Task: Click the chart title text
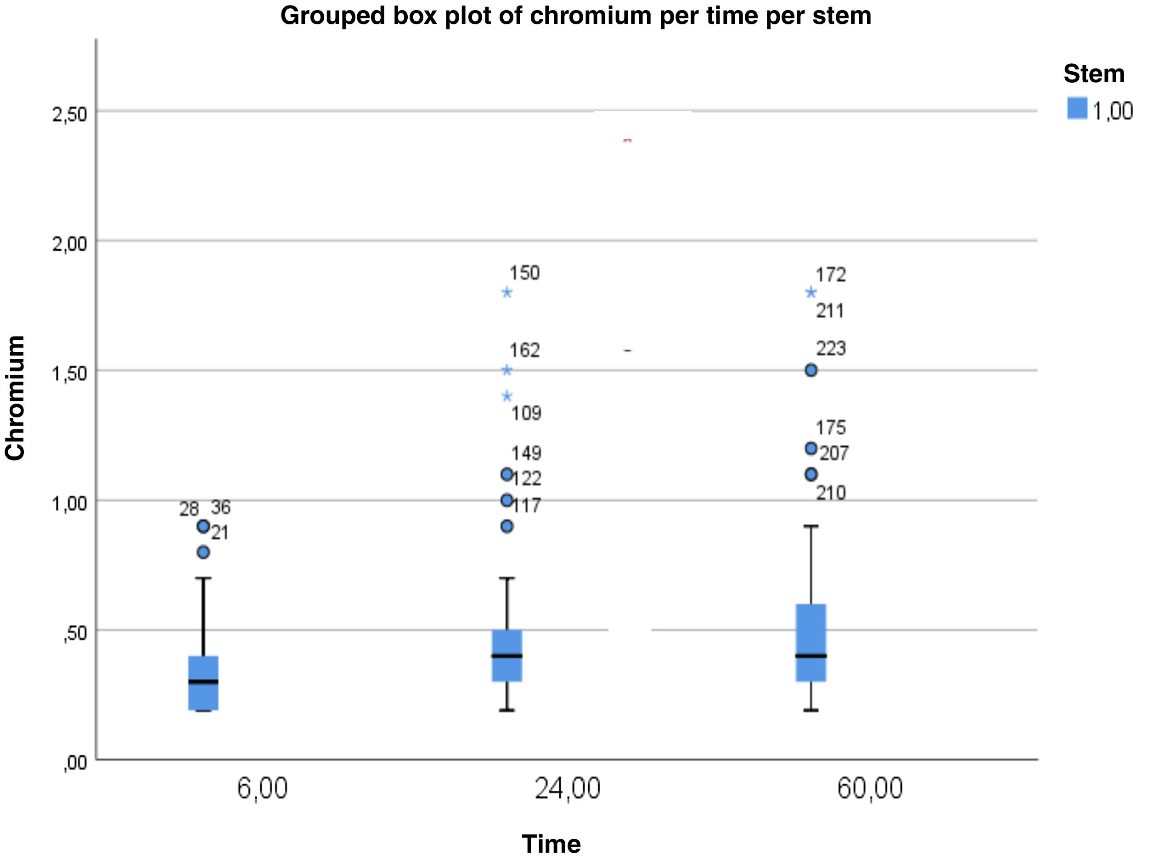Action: pos(575,16)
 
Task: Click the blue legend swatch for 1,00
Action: pos(1077,108)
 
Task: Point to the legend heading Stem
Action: pos(1094,74)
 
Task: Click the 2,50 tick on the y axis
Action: pos(69,114)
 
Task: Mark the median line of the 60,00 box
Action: pos(810,655)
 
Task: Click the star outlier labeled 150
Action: pos(506,292)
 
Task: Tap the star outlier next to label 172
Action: pos(810,292)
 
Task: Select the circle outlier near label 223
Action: pos(810,371)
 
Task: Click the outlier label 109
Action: pos(526,413)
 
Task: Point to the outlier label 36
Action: pos(220,507)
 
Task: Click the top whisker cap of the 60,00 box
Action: pos(810,526)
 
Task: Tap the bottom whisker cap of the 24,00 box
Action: pos(506,710)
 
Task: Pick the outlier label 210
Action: pos(831,493)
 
